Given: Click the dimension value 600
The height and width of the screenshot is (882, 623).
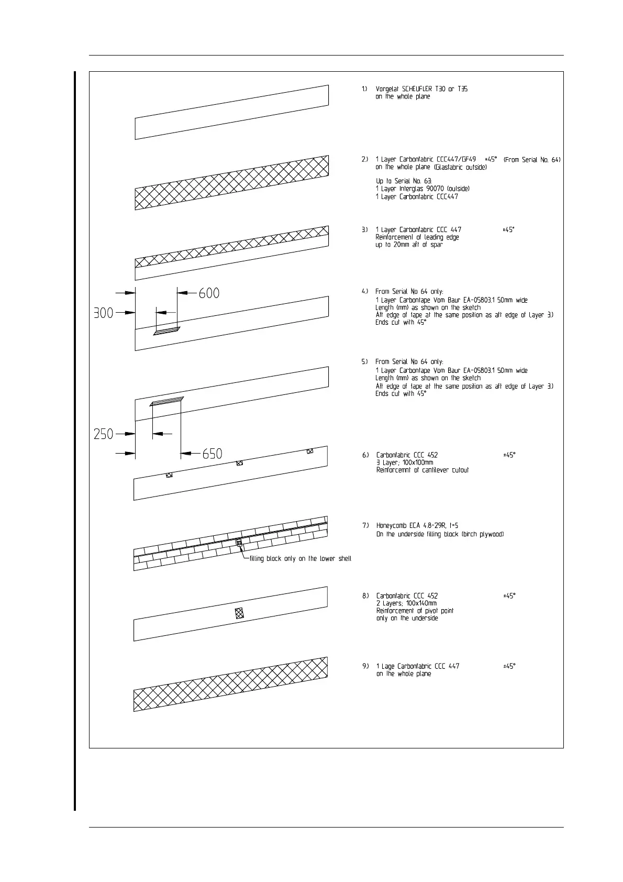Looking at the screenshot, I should tap(209, 293).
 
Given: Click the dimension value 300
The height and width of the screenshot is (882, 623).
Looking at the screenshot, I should tap(104, 313).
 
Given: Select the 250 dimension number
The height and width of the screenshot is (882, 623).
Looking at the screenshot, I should tap(104, 434).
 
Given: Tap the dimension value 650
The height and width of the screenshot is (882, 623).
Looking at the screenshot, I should tap(213, 454).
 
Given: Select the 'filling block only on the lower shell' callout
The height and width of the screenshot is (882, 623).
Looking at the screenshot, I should tap(300, 559).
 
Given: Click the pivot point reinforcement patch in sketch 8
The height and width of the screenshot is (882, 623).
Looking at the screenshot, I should tap(240, 613).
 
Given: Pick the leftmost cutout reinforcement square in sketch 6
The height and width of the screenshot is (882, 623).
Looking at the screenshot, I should tap(169, 475).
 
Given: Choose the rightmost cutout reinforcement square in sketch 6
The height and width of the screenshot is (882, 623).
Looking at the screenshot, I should tap(310, 451).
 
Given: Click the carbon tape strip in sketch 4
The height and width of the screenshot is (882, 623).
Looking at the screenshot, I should tap(166, 331).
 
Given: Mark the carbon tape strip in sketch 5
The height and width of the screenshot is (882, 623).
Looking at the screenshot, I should tap(166, 401).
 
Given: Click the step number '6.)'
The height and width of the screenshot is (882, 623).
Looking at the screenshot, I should tap(365, 455).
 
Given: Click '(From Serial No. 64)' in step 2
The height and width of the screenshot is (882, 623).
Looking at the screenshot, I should tap(532, 160).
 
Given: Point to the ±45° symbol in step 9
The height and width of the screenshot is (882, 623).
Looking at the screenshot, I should tap(509, 666).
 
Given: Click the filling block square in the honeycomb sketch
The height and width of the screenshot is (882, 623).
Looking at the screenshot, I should tap(240, 543).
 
